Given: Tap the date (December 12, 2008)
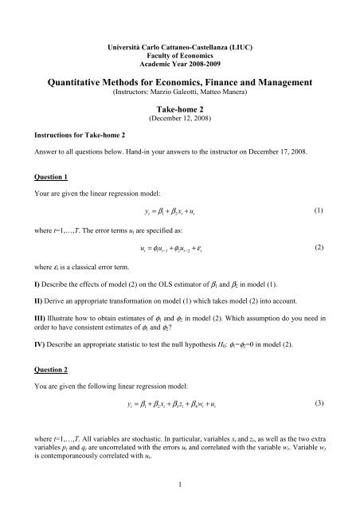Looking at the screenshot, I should tap(179, 124).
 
